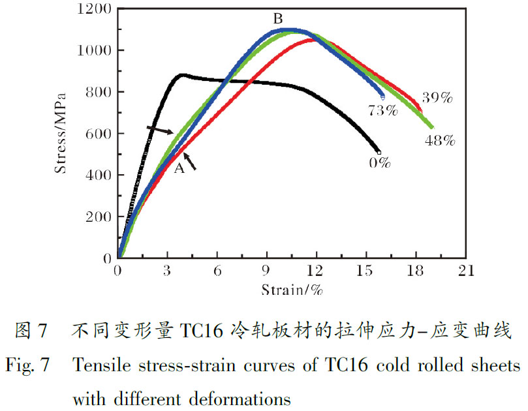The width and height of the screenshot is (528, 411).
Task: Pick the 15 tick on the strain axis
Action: [x=366, y=271]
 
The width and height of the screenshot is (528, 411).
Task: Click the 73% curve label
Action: [x=382, y=110]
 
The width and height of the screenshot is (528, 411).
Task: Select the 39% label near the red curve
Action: [x=437, y=99]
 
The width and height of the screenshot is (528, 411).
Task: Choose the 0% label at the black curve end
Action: [x=379, y=163]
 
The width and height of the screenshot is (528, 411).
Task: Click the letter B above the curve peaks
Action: [x=277, y=19]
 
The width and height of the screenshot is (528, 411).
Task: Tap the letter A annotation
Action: [x=179, y=168]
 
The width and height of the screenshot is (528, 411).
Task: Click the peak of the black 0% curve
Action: [x=182, y=75]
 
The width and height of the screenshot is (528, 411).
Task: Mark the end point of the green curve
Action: [x=431, y=127]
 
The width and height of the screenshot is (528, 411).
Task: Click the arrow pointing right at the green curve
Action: [x=160, y=129]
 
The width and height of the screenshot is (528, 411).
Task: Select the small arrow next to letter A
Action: [x=190, y=160]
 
